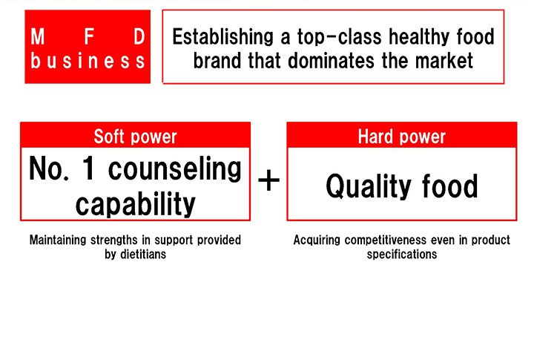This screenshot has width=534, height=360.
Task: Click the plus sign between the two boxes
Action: [x=268, y=180]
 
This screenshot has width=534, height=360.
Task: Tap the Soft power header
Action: [x=135, y=137]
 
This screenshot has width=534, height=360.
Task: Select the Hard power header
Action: [x=401, y=137]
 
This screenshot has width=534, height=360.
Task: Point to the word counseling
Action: [x=175, y=168]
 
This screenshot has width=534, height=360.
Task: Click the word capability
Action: [x=136, y=204]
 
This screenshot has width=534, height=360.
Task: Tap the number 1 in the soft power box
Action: [x=88, y=168]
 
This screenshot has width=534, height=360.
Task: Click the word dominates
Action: [x=331, y=61]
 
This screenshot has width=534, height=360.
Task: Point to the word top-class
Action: [x=340, y=37]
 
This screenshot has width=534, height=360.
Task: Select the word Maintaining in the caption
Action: [x=58, y=240]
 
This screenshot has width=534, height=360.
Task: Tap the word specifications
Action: [x=402, y=255]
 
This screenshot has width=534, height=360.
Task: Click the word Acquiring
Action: [x=317, y=240]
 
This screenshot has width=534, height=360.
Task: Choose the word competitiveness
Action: [x=386, y=240]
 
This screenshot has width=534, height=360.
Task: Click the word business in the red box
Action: [x=88, y=61]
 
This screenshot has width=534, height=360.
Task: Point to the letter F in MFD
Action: [x=89, y=36]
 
